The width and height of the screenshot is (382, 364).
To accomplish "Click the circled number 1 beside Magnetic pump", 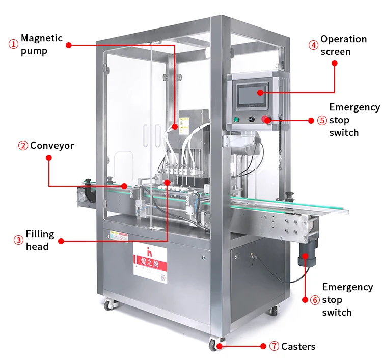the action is (13, 44).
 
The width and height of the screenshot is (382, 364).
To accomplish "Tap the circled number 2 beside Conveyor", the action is (23, 146).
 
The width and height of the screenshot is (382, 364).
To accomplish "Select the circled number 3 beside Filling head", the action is (18, 240).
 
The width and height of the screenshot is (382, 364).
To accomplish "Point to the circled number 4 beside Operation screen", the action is (313, 45).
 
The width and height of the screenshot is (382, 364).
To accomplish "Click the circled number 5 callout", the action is (322, 121).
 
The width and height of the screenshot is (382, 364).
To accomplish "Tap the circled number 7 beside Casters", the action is (274, 347).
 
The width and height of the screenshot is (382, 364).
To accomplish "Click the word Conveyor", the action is (52, 146).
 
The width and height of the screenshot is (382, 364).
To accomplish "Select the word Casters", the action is (298, 347).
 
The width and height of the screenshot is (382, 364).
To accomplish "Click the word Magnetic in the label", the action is (42, 38).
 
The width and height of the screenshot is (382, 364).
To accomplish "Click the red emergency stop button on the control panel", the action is (265, 119).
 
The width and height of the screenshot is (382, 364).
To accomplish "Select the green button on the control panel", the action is (236, 120).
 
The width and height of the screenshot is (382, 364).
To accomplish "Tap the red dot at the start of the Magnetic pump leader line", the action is (69, 45).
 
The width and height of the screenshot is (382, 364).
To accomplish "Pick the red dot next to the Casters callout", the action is (263, 346).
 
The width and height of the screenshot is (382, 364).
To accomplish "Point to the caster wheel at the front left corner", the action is (109, 305).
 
